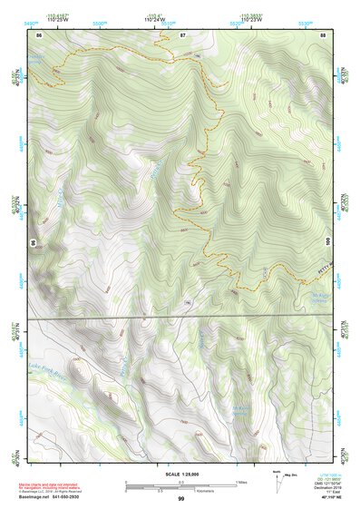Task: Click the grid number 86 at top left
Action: tap(39, 34)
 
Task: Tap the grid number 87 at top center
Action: tap(182, 34)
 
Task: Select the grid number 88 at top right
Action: tap(323, 34)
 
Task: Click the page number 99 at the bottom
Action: tap(180, 498)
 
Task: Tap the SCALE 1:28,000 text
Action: tap(181, 473)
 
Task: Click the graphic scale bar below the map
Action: tap(180, 483)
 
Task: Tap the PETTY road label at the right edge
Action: tap(316, 266)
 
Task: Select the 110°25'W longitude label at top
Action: tap(63, 19)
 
